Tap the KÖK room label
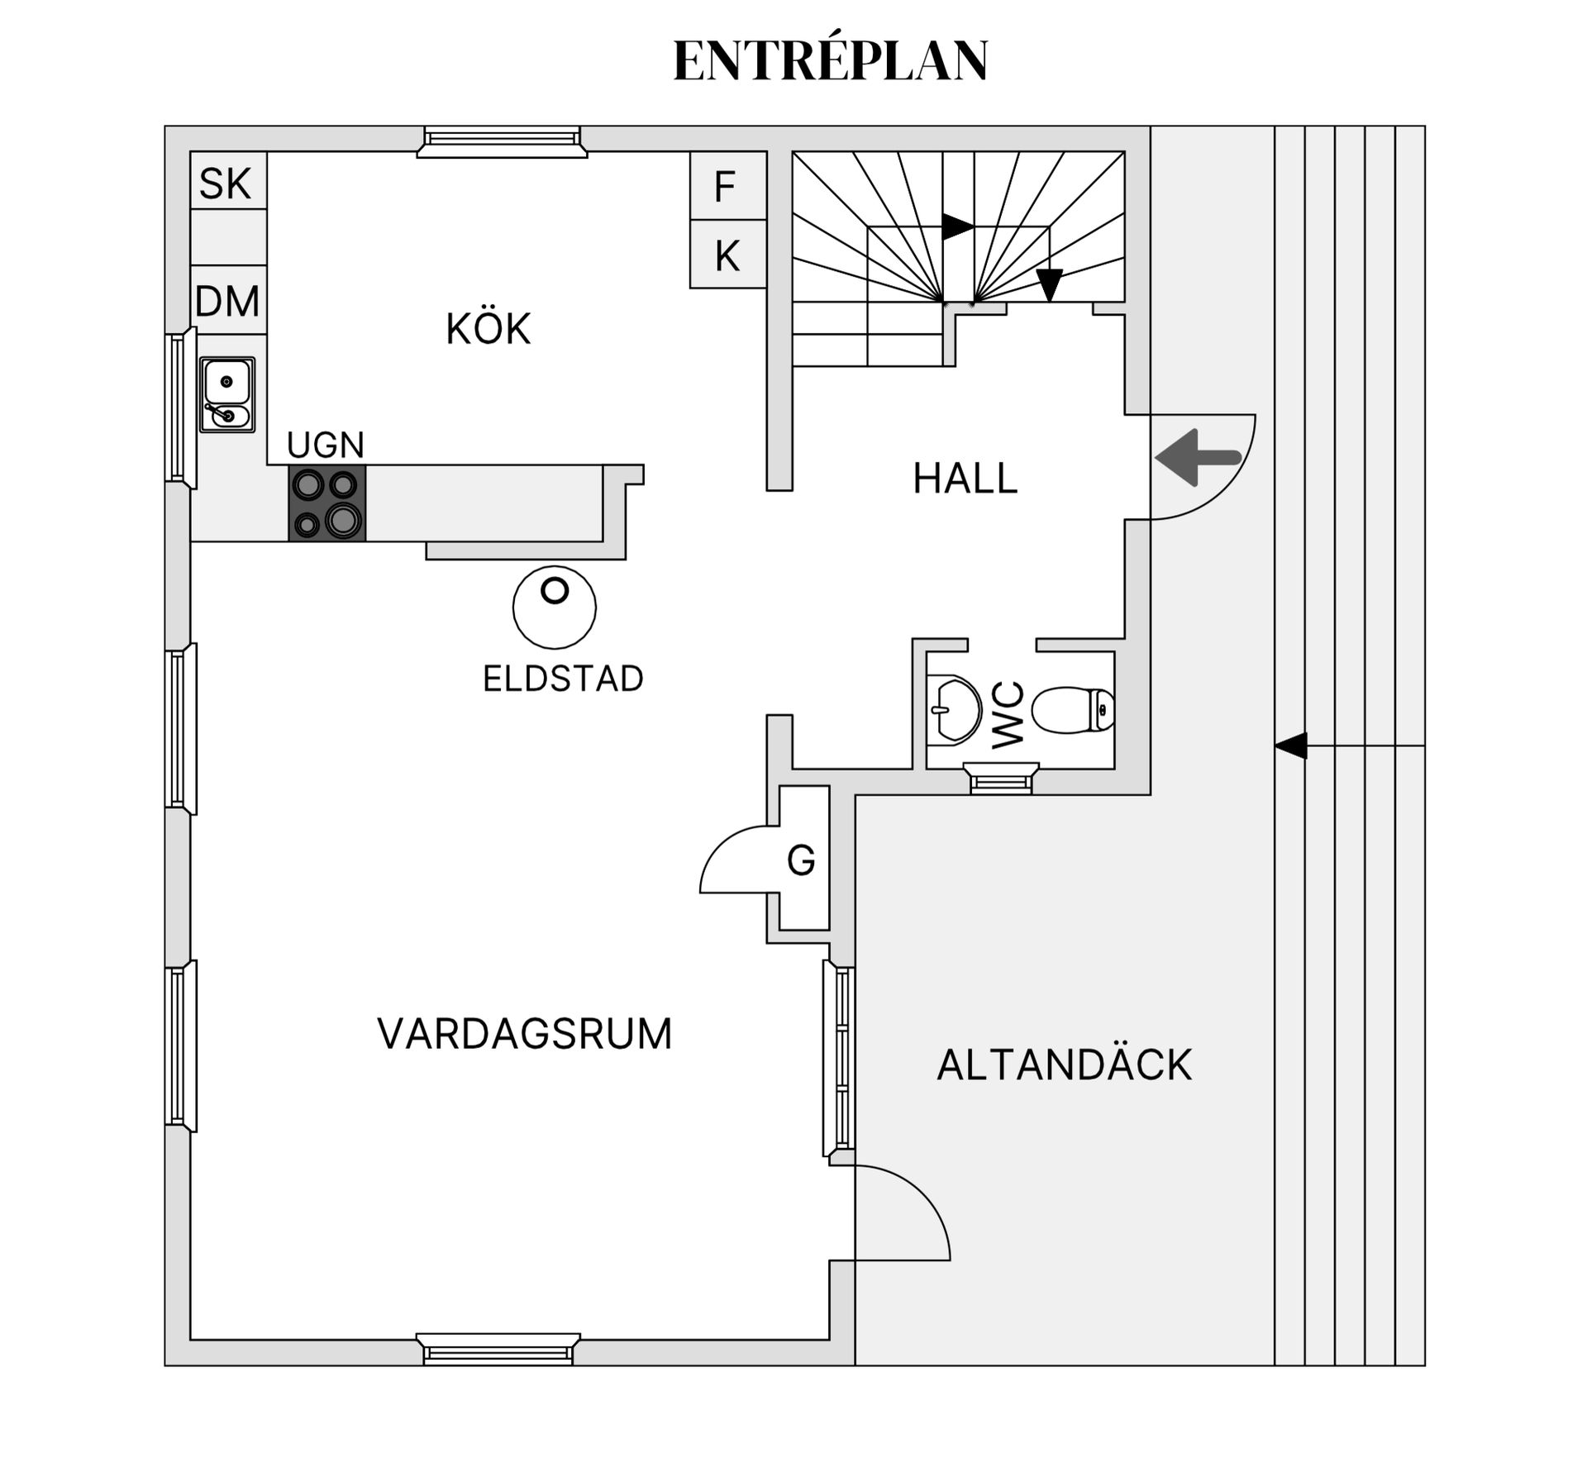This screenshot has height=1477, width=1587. (488, 329)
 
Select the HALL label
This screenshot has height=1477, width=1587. (965, 479)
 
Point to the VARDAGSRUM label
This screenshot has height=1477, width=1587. (525, 1034)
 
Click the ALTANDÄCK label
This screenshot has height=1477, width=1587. (1065, 1065)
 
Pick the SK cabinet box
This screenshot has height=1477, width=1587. (227, 181)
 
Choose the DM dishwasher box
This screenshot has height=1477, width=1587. (227, 301)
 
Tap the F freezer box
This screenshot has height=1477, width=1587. (727, 186)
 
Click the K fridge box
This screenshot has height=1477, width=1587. (727, 255)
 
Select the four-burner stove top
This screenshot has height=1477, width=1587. (327, 503)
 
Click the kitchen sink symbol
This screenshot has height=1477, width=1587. (227, 395)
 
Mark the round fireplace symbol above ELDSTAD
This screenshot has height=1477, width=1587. (554, 607)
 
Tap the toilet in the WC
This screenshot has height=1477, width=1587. (1073, 709)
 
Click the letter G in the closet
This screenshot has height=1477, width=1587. (801, 860)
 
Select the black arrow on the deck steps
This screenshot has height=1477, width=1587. (1291, 746)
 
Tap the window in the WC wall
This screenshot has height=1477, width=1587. (1001, 779)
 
